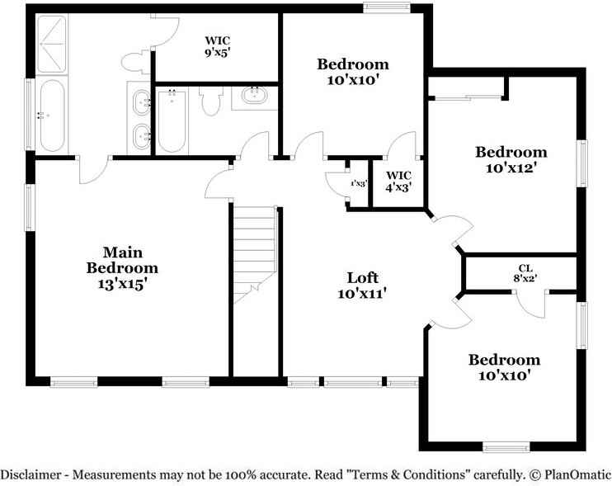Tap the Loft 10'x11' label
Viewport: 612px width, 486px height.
click(362, 285)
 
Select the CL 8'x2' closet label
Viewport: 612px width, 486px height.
click(525, 274)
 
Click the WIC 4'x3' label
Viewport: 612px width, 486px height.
click(398, 181)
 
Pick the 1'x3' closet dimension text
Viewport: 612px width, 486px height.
click(358, 183)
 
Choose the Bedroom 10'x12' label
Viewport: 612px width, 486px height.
click(511, 159)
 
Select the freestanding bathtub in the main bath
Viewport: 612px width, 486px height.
click(51, 116)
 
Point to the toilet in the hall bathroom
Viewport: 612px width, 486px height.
click(210, 102)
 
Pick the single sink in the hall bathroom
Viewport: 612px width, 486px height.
click(255, 97)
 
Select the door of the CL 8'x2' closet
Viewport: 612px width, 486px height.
click(532, 303)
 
